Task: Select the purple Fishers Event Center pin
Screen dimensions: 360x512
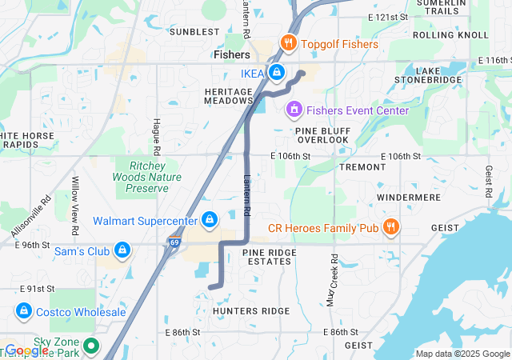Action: tap(294, 108)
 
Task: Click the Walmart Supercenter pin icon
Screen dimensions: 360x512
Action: tap(210, 218)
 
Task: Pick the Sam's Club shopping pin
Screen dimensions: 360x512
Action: tap(122, 250)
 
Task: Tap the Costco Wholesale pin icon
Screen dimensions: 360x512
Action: tap(23, 310)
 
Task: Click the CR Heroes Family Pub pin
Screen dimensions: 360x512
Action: tap(391, 226)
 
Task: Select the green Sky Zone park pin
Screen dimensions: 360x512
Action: tap(91, 346)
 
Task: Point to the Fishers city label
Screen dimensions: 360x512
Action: tap(232, 55)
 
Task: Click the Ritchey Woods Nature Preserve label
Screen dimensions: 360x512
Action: tap(141, 175)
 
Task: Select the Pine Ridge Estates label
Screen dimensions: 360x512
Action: tap(269, 257)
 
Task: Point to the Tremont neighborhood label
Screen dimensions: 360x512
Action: tap(362, 167)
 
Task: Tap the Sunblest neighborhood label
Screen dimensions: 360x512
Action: tap(194, 32)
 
